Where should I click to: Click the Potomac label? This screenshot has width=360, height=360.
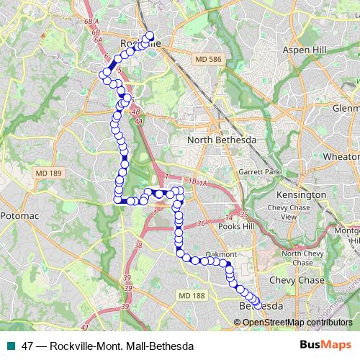coord(22,215)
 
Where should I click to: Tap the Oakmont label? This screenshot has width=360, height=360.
coord(221,254)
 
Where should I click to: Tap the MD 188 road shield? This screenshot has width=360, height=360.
coord(190,295)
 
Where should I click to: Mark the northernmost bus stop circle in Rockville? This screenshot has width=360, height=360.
coord(150,35)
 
